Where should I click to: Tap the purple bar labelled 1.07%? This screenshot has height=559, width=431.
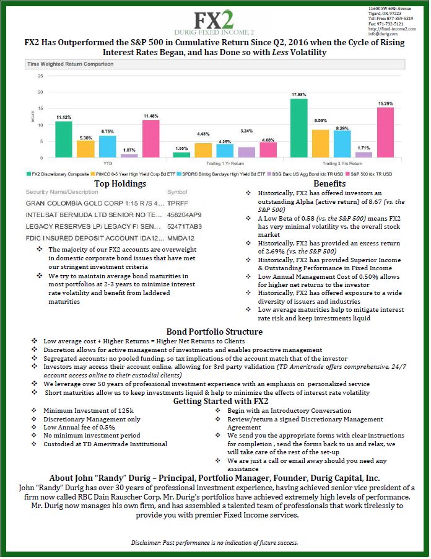pos(130,156)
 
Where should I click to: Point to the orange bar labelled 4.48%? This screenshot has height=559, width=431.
pos(203,151)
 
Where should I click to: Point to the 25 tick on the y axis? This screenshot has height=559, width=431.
pos(40,76)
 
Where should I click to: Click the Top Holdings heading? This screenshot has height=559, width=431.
pos(120,184)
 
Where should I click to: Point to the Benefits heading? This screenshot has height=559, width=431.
pos(329,184)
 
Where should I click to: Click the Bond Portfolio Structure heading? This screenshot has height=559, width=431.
pos(215,331)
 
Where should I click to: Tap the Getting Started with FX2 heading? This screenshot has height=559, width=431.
pos(215,401)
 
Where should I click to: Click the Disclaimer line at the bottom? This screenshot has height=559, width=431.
pos(214,542)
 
